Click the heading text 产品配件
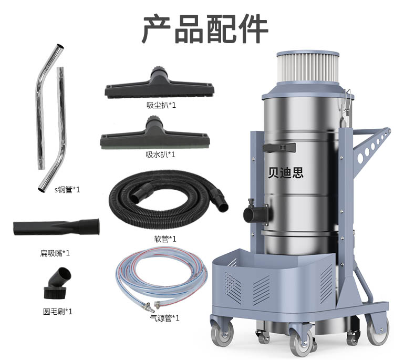coord(205,29)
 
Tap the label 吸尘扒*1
coord(161,105)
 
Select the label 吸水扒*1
coord(161,155)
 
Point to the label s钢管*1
coord(67,189)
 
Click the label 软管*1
coord(165,239)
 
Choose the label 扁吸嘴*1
coord(55,253)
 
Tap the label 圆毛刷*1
coord(58,312)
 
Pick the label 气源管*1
coord(165,318)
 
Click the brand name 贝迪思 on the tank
coord(286,172)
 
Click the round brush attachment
coord(58,284)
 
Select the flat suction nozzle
coord(56,227)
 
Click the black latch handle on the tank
coord(279,148)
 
